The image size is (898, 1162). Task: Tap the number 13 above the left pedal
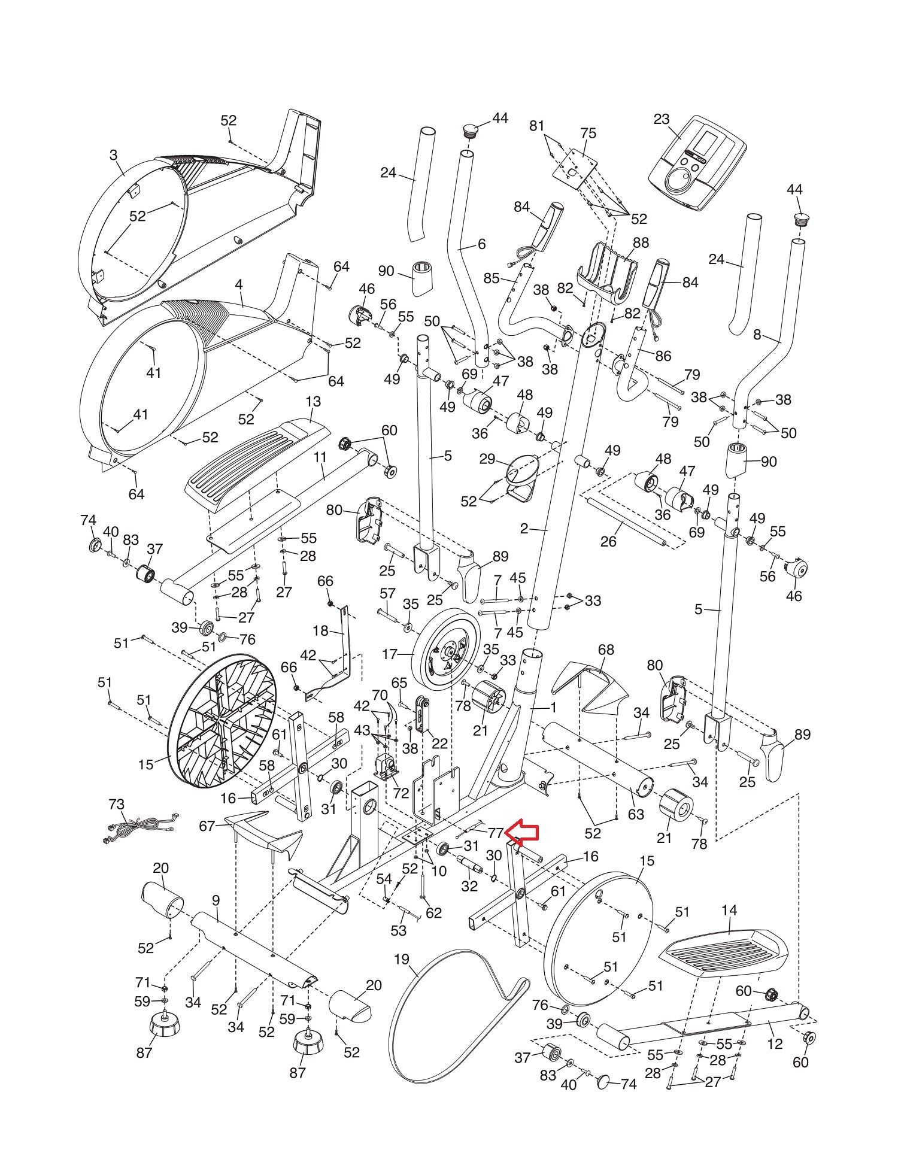pos(313,401)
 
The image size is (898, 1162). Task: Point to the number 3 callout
pos(113,155)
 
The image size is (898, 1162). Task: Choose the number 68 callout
pos(606,650)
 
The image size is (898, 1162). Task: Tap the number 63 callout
pos(636,814)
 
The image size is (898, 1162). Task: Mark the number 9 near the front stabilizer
pos(216,900)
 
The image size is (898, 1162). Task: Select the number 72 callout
pos(401,793)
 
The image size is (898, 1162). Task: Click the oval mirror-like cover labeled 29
pos(520,471)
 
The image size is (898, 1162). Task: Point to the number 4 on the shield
pos(239,284)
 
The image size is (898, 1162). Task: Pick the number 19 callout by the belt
pos(401,960)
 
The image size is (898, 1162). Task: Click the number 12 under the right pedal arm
pos(775,1044)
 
